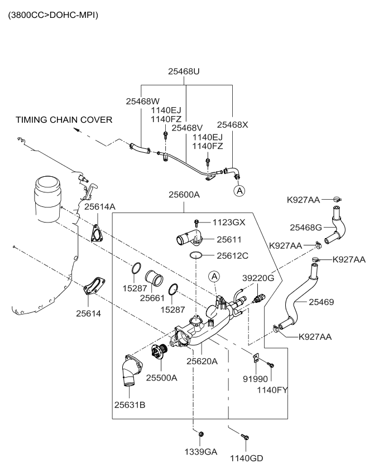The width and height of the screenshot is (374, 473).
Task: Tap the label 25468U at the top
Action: point(184,71)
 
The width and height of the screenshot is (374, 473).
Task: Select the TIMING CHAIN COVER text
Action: point(64,119)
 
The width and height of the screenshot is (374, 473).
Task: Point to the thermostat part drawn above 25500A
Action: point(161,353)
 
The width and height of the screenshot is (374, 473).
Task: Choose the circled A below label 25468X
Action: point(239,191)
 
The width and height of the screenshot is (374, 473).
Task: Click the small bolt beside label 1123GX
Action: point(197,222)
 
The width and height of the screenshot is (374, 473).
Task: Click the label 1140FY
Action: point(272,389)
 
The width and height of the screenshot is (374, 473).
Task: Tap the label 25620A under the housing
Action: point(202,361)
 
